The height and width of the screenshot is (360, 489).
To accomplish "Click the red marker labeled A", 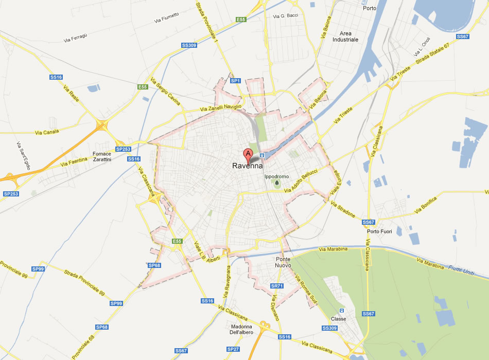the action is coord(248,154).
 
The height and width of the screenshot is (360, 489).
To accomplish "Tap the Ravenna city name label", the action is coord(248,166).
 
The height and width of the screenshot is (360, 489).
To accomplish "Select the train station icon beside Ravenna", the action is coord(262,155).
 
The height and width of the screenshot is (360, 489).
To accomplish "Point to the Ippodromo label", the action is coord(277,176).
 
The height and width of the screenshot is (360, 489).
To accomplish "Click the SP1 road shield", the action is coord(235,81).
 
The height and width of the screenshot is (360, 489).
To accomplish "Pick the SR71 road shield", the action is coord(277,286).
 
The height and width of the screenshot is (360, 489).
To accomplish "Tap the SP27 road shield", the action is coord(233,349).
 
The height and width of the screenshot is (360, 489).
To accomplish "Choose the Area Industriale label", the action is coord(345,36).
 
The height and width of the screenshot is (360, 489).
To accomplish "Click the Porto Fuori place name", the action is coord(379,231).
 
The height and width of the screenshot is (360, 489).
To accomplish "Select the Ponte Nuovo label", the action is coord(287,262).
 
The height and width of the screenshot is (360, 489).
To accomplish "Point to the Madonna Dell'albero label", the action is coord(241,329).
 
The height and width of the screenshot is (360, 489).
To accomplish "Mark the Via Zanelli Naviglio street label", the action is coord(220,107).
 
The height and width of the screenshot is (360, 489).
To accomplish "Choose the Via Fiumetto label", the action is coord(166,17).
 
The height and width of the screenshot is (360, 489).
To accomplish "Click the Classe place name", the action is coord(339,319).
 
